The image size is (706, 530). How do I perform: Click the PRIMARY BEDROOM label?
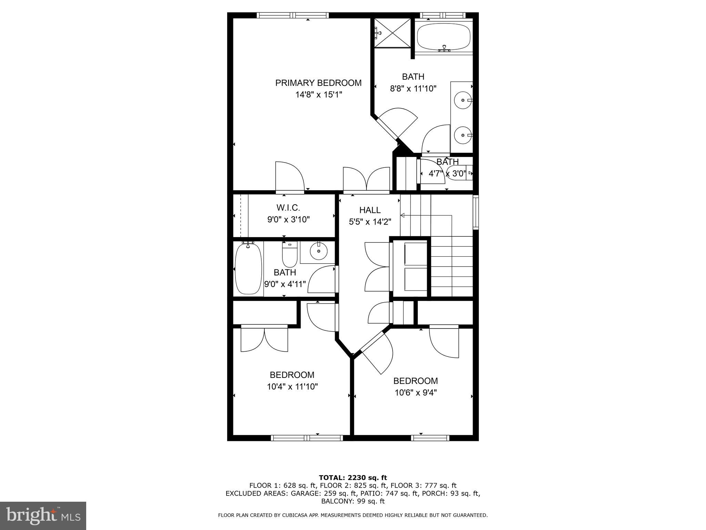pyautogui.click(x=318, y=83)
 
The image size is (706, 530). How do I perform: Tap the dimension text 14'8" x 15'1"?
pyautogui.click(x=318, y=95)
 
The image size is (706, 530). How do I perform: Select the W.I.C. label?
pyautogui.click(x=288, y=208)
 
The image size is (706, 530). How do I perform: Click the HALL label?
pyautogui.click(x=370, y=210)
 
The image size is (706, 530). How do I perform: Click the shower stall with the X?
pyautogui.click(x=393, y=33)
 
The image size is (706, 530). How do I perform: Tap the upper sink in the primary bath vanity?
pyautogui.click(x=462, y=100)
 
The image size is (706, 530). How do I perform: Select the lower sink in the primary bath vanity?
pyautogui.click(x=462, y=135)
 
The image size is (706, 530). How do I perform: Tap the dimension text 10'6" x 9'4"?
pyautogui.click(x=416, y=393)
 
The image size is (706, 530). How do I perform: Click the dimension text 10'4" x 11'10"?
pyautogui.click(x=292, y=386)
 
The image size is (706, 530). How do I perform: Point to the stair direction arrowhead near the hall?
pyautogui.click(x=402, y=215)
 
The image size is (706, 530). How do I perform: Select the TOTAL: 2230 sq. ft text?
pyautogui.click(x=353, y=478)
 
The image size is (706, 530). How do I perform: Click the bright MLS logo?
pyautogui.click(x=43, y=516)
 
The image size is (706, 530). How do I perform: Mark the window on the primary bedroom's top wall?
pyautogui.click(x=293, y=15)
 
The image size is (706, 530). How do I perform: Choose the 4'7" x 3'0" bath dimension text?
pyautogui.click(x=447, y=174)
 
